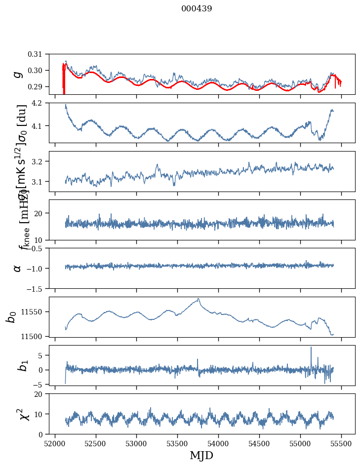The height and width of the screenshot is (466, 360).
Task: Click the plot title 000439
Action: coord(197,9)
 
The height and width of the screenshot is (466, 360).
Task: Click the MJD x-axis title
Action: coord(201,455)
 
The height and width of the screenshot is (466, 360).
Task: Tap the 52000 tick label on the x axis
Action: coord(55,442)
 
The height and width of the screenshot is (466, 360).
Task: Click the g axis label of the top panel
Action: coord(18,74)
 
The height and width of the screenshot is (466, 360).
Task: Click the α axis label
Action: coord(18,268)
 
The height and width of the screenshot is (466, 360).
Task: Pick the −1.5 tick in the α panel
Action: coord(39,288)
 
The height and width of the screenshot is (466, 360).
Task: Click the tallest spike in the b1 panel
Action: coord(311,348)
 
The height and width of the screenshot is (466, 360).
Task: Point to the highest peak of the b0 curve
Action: coord(199,299)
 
